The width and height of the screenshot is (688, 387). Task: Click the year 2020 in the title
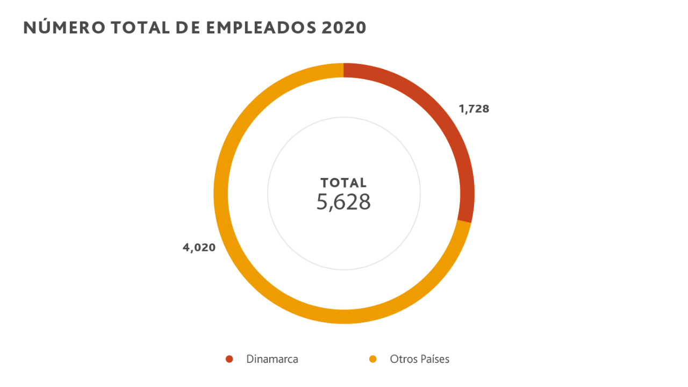coord(344,28)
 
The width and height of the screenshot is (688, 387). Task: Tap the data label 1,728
coord(474,109)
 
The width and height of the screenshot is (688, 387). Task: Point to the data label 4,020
coord(199,248)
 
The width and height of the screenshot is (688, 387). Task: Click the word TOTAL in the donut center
coord(343,183)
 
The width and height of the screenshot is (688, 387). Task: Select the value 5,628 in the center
coord(343,202)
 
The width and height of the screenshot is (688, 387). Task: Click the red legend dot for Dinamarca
coord(230,359)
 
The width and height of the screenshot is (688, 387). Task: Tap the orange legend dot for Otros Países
coord(372,359)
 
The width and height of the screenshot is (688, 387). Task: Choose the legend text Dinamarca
coord(272,359)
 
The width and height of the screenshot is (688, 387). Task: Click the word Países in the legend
coord(434,359)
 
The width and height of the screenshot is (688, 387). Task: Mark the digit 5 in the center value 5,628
coord(322,202)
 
